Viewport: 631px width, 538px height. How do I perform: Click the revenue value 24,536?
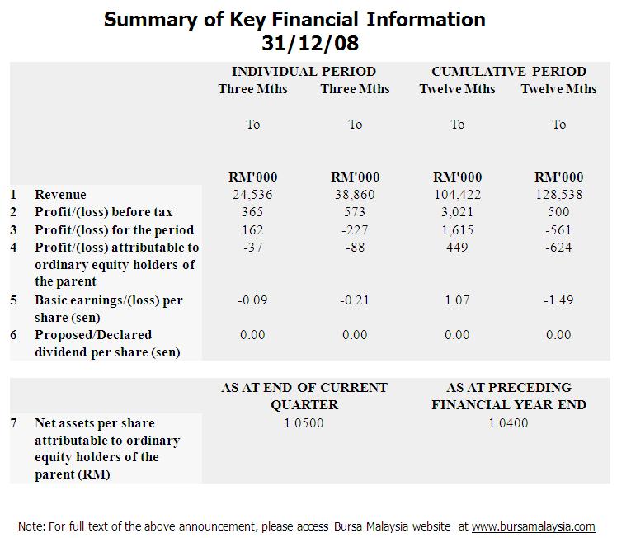(252, 195)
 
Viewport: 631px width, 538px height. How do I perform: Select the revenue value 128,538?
(558, 195)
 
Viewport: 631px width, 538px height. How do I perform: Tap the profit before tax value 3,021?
(457, 212)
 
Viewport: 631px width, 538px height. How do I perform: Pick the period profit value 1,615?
(457, 229)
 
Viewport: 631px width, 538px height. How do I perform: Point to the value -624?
(558, 247)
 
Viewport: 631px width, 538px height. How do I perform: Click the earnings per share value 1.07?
(457, 300)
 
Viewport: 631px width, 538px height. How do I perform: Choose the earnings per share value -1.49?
(558, 300)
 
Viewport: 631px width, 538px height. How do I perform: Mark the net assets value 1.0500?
(304, 423)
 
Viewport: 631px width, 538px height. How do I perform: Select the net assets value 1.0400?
(508, 423)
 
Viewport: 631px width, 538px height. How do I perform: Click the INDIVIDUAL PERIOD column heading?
(304, 72)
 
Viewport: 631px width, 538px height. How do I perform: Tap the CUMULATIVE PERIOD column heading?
(508, 72)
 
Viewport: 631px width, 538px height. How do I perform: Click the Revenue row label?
(59, 195)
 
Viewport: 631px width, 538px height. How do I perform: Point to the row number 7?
(13, 422)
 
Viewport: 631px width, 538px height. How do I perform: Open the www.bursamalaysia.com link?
(533, 526)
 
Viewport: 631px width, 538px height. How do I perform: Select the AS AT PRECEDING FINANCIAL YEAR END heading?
(508, 396)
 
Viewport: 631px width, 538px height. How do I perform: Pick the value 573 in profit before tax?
(355, 212)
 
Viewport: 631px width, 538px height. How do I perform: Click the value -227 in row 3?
(355, 229)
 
